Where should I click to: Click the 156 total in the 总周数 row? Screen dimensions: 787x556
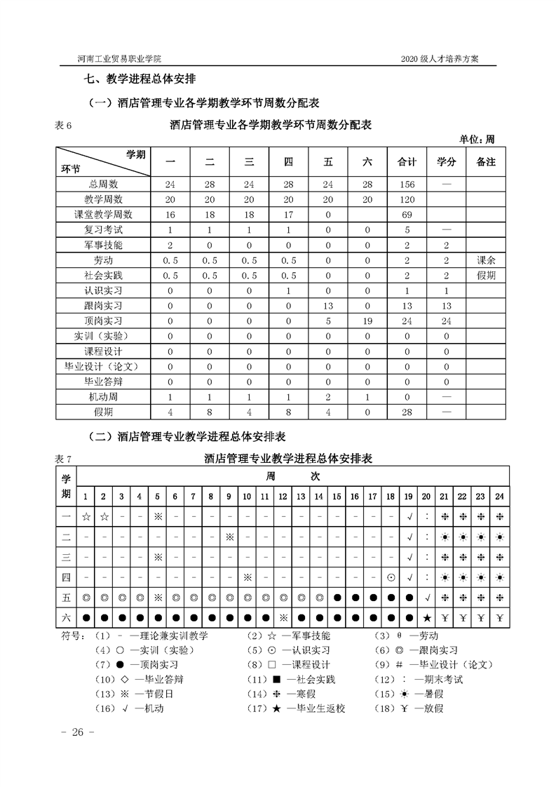pos(407,184)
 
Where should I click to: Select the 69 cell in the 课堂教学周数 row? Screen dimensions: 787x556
pos(407,215)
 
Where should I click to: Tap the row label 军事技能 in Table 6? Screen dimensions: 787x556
pos(103,245)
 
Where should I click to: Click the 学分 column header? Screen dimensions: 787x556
pos(447,162)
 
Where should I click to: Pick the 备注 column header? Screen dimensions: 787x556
pos(485,162)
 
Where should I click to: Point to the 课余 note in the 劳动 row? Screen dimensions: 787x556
pos(485,260)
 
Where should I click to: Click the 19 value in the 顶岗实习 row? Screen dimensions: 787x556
pos(367,321)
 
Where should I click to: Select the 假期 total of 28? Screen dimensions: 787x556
pos(407,412)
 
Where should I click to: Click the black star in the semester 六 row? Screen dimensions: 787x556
pos(427,618)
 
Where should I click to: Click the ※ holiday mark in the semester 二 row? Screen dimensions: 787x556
pos(229,537)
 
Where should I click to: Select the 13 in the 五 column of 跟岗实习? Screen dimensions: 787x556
pos(328,306)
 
